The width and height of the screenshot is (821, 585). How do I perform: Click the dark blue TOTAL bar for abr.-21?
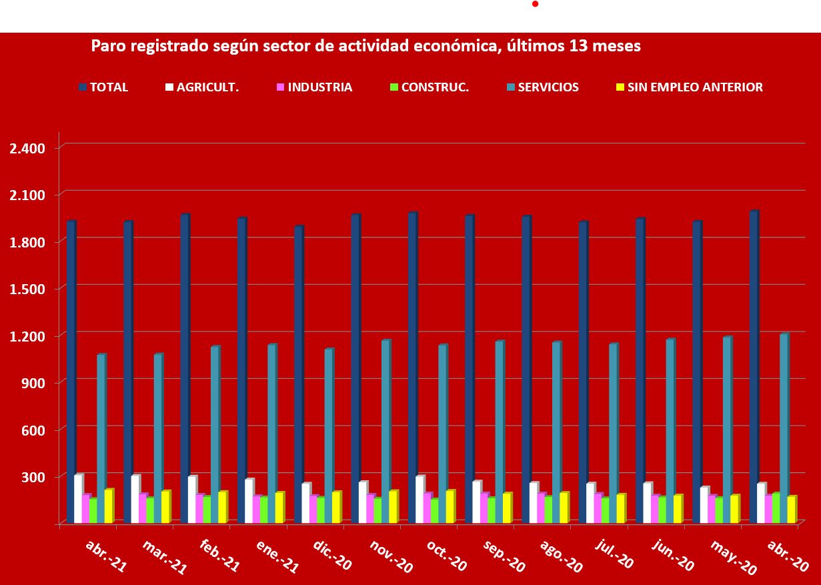click(x=71, y=370)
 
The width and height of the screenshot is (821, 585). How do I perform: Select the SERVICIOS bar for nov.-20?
click(x=385, y=430)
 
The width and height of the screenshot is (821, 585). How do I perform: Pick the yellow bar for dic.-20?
click(x=336, y=507)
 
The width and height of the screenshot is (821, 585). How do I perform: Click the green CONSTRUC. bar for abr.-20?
click(x=776, y=508)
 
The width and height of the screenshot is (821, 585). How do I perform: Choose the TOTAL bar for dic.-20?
click(x=298, y=374)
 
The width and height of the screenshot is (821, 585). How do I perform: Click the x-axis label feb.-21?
click(x=219, y=556)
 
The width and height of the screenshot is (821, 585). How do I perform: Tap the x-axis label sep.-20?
click(x=504, y=556)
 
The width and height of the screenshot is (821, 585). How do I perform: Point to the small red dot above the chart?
click(x=535, y=4)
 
